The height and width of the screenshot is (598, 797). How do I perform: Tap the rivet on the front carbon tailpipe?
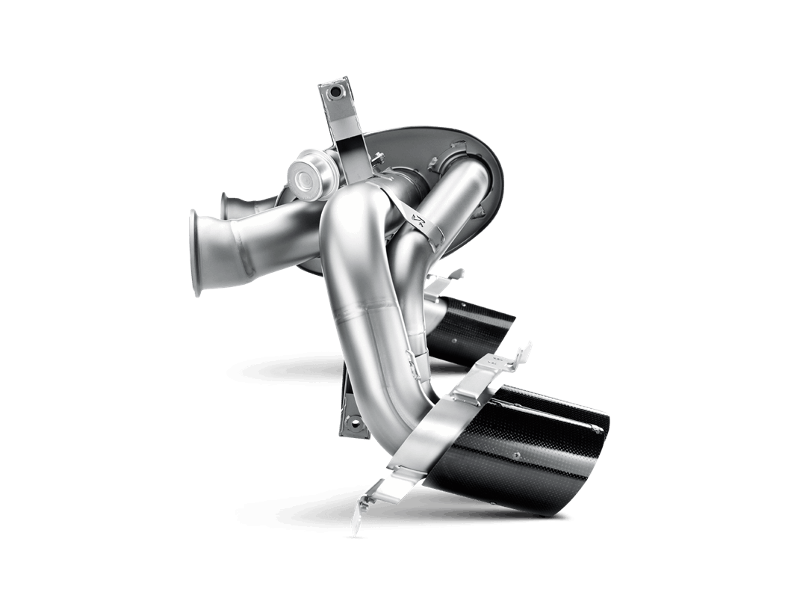click(x=515, y=454)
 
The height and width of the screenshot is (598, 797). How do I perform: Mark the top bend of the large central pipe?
click(x=351, y=202)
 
